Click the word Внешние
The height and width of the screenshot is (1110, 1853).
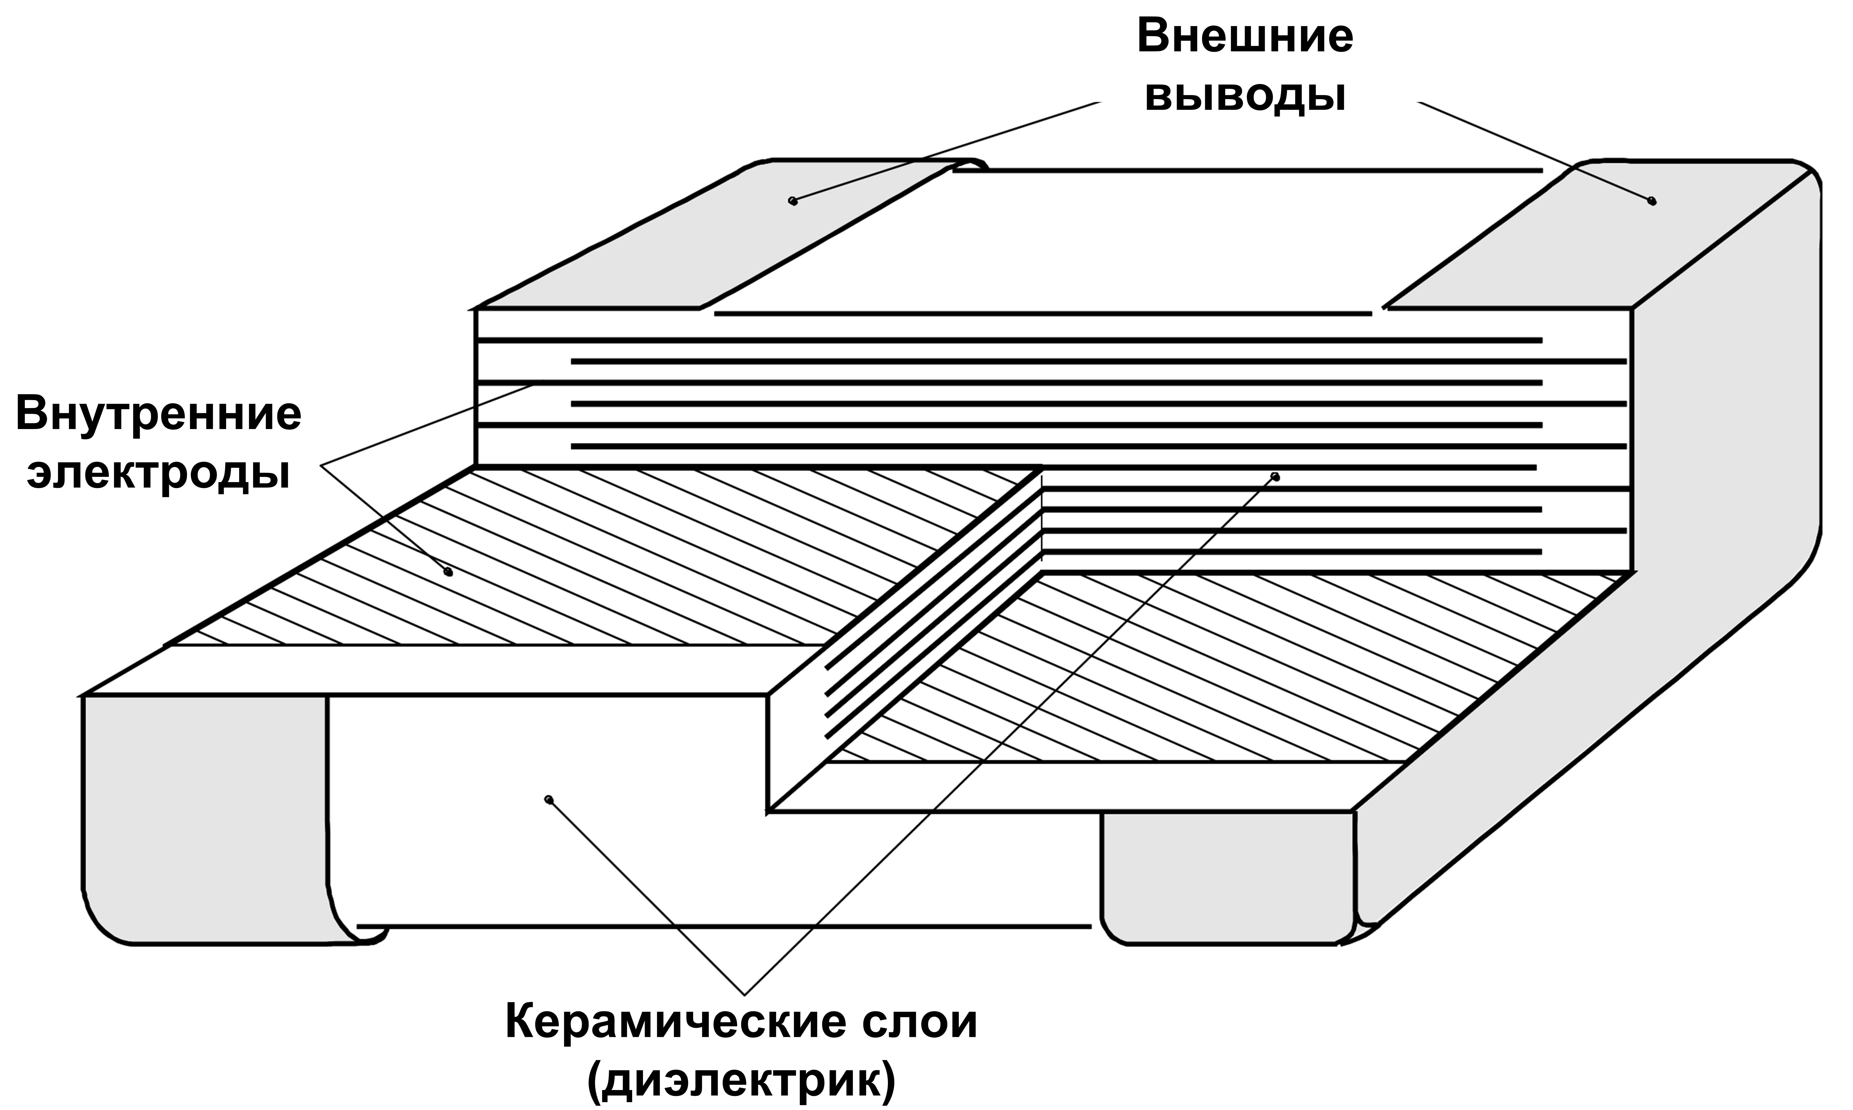coord(1245,38)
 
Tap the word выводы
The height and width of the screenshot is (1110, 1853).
coord(1245,97)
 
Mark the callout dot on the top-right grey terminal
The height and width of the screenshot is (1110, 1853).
coord(1652,201)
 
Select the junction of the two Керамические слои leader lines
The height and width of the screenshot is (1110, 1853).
coord(744,993)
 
